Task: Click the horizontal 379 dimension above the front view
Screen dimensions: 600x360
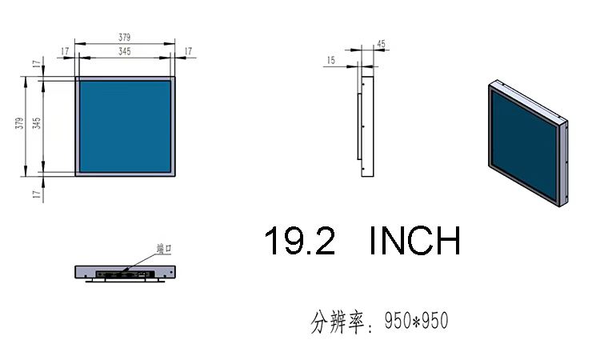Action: [x=124, y=38]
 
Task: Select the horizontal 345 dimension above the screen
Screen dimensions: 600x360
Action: [x=124, y=51]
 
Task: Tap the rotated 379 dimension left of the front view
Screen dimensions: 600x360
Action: [x=19, y=123]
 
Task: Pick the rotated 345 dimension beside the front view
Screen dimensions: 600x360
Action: [x=36, y=123]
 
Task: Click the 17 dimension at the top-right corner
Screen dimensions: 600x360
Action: [x=188, y=51]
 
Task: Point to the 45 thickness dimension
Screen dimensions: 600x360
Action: [x=381, y=44]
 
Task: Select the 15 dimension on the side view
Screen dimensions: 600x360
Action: [x=331, y=60]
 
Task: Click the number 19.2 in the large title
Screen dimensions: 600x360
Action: [x=300, y=241]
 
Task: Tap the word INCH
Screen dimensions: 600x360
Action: [x=415, y=241]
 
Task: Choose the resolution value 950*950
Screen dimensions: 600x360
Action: [x=416, y=321]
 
